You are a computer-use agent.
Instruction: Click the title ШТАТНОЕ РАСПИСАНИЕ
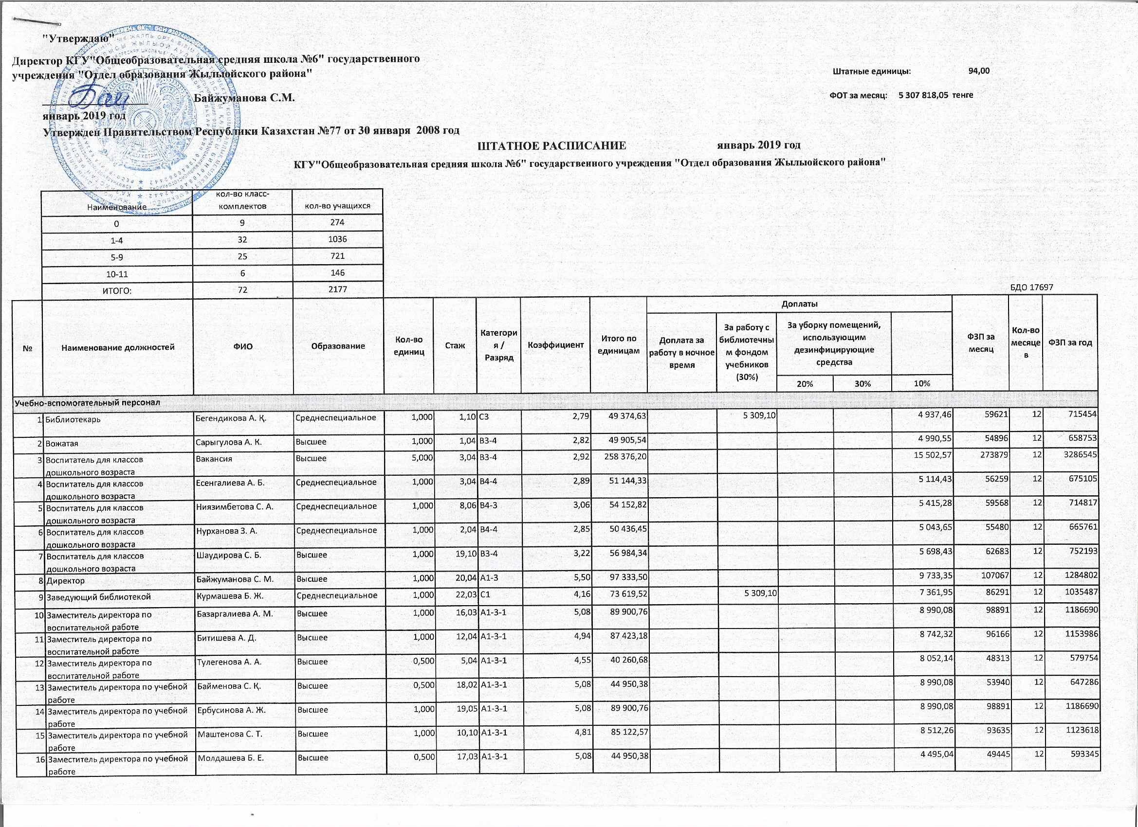coord(552,145)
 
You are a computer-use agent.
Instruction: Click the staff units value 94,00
coord(979,71)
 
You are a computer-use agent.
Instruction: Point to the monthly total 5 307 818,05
coord(922,95)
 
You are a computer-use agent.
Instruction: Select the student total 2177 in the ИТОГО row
coord(337,290)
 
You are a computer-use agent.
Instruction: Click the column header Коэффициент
coord(555,345)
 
